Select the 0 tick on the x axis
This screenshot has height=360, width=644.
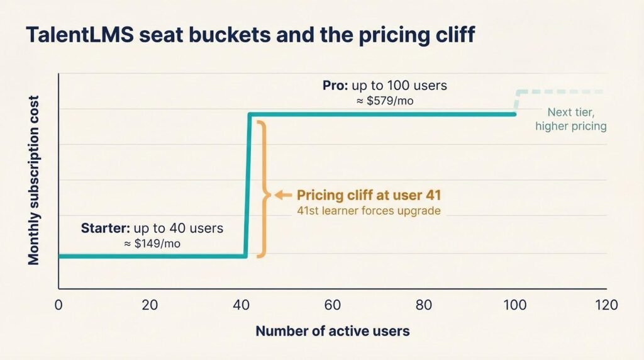58,305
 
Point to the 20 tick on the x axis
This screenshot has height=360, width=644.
150,305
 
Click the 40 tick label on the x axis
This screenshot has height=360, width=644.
241,305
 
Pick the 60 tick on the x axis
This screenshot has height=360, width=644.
333,305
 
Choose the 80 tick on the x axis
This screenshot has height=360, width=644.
424,305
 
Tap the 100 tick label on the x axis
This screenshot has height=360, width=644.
515,305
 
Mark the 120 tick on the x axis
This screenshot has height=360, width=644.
606,305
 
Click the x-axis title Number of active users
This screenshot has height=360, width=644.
332,331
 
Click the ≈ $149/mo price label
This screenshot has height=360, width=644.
151,243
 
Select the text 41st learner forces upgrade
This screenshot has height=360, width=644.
369,210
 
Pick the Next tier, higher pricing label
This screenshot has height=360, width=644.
570,120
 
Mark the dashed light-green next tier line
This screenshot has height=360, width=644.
560,92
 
